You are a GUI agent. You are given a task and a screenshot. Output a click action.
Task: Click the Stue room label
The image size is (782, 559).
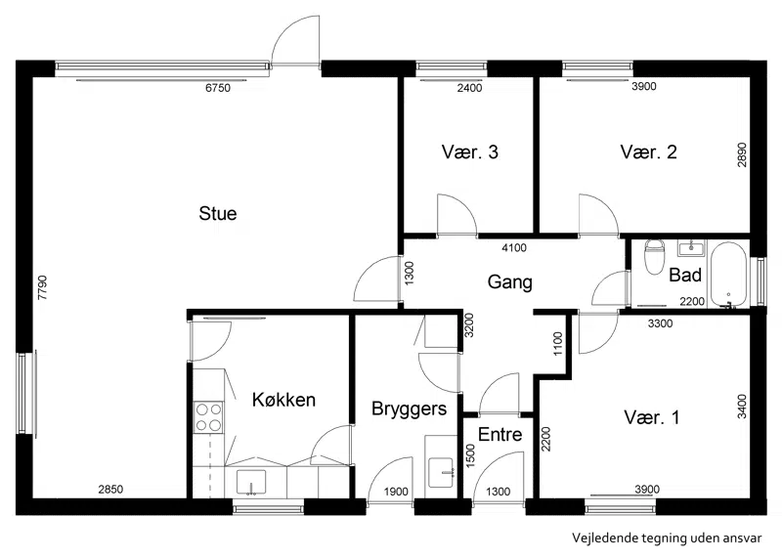click(217, 213)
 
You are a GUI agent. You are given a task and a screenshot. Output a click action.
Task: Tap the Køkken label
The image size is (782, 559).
click(283, 400)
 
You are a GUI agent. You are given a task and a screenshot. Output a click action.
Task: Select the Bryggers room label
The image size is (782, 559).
click(409, 408)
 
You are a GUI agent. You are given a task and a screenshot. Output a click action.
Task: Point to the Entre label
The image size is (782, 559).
click(500, 434)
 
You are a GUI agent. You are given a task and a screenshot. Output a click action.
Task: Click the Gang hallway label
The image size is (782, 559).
click(509, 282)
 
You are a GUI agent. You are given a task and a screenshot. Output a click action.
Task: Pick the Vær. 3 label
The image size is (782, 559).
click(470, 152)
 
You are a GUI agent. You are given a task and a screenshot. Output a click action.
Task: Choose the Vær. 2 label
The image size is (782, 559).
click(648, 152)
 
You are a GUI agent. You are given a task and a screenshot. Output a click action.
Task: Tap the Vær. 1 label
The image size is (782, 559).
click(651, 417)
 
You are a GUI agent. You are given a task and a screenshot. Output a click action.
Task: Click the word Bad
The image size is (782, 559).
click(685, 275)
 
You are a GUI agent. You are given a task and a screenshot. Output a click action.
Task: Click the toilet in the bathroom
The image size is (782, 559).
click(654, 257)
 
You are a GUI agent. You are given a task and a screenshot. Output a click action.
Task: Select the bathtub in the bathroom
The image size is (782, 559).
click(728, 275)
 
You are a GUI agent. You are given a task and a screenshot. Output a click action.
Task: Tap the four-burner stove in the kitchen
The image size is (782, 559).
click(208, 417)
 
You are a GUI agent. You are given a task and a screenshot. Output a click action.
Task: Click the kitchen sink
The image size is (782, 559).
click(251, 482)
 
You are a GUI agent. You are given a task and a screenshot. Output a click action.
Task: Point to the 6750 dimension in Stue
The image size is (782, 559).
click(218, 88)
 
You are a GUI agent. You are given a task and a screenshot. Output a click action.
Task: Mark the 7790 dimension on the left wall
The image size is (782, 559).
click(42, 287)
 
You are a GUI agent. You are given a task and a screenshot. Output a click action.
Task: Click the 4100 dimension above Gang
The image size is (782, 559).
click(514, 247)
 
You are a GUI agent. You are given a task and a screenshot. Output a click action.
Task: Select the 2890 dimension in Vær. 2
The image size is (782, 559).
click(742, 154)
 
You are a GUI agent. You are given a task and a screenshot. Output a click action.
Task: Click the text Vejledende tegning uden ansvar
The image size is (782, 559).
click(667, 538)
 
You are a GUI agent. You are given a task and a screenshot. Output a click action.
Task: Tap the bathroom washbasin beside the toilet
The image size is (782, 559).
click(691, 248)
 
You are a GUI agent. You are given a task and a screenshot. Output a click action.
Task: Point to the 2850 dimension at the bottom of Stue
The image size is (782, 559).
click(110, 490)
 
